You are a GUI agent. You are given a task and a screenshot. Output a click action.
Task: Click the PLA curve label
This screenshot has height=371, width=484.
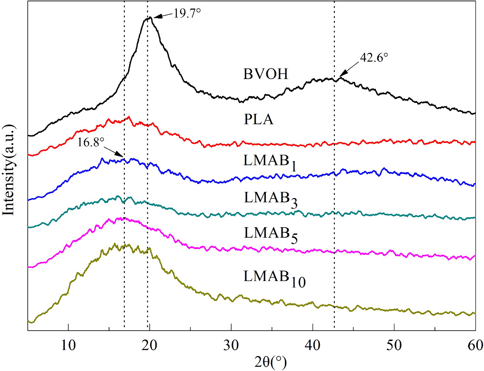[259, 119]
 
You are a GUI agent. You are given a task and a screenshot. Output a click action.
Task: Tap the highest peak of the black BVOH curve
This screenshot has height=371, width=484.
[149, 18]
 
